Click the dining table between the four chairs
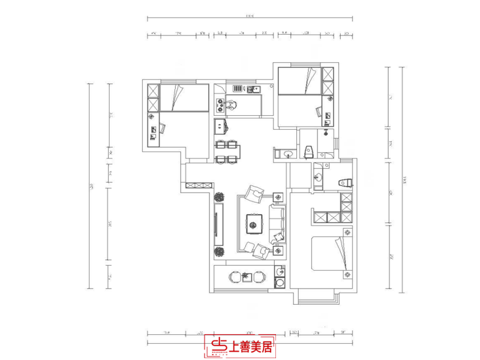[x=227, y=151]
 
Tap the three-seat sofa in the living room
[x=278, y=223]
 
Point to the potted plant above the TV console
[x=220, y=196]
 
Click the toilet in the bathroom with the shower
[x=308, y=151]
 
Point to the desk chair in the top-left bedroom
[x=161, y=128]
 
